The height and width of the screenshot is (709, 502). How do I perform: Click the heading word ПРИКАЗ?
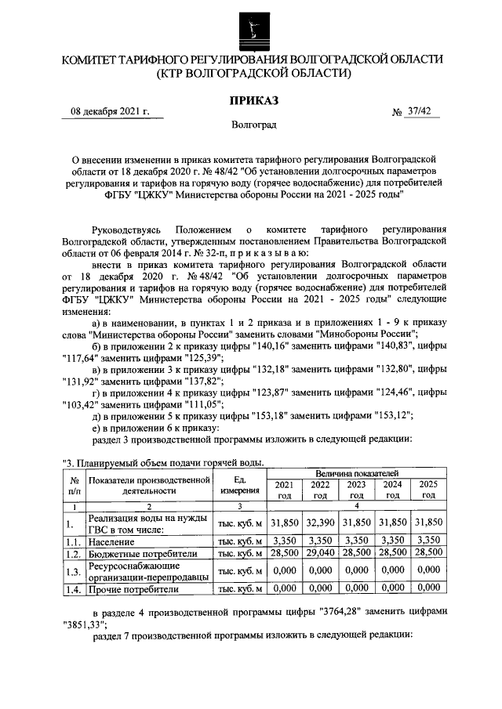click(253, 99)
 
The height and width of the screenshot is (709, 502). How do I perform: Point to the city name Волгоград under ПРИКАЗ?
click(253, 125)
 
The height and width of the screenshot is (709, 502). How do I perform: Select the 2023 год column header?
click(356, 490)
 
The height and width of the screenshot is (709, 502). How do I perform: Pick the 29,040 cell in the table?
click(320, 553)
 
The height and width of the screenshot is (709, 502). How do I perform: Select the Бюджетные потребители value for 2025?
click(428, 553)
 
